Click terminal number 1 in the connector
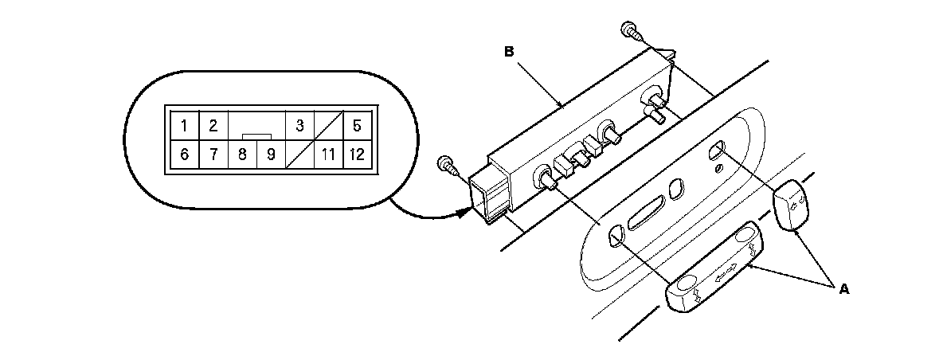coord(184,125)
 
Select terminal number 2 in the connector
coord(213,125)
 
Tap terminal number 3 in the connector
coord(299,125)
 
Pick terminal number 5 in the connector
coord(356,125)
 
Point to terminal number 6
coord(184,155)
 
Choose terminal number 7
coord(213,155)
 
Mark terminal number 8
coord(242,155)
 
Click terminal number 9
coord(271,155)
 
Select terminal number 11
coord(327,155)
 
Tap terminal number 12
coord(356,155)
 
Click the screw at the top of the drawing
coord(630,33)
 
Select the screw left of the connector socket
coord(448,167)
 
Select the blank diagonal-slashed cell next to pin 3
coord(327,125)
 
